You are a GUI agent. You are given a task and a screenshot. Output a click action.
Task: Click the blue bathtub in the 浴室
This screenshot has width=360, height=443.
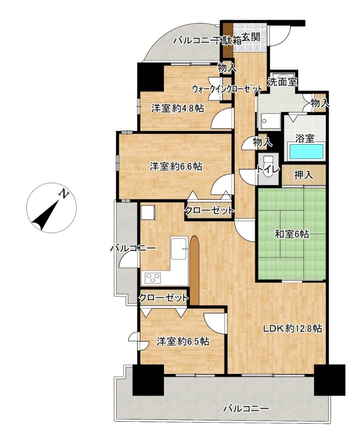(305, 152)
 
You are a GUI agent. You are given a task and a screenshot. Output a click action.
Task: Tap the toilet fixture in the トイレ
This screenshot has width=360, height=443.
(267, 167)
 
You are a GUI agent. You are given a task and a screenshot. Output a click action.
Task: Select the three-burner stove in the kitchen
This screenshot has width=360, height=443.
(153, 278)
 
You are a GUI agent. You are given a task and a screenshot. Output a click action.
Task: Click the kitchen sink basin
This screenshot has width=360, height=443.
(179, 248)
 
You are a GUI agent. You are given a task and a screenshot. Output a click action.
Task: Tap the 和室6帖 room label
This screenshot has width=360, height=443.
(292, 234)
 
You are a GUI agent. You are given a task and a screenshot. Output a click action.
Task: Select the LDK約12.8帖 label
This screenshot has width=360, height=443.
(293, 328)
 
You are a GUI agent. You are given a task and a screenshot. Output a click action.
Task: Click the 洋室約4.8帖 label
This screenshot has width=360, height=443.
(177, 108)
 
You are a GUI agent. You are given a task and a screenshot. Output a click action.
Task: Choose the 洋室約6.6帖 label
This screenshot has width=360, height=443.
(176, 167)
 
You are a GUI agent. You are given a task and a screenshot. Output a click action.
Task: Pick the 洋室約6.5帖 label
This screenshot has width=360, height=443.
(183, 342)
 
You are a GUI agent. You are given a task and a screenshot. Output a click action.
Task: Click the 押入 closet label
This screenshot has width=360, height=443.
(304, 176)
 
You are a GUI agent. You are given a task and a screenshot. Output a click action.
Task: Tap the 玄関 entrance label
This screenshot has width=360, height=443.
(250, 37)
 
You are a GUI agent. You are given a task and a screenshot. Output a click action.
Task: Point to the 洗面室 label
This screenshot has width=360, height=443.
(282, 82)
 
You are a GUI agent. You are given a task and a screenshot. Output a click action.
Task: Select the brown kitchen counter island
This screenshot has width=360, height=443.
(194, 270)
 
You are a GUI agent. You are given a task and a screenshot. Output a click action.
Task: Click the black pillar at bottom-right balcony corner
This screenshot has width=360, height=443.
(330, 380)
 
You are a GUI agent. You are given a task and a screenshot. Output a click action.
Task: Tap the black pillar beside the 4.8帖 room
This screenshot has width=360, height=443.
(150, 77)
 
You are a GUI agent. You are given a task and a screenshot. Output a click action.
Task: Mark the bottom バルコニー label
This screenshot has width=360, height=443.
(246, 408)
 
